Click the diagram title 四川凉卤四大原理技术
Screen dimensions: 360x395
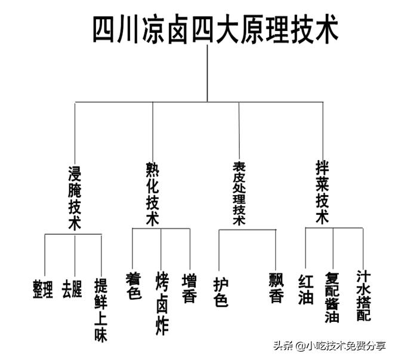[x=215, y=28]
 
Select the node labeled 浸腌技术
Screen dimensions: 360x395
[x=75, y=196]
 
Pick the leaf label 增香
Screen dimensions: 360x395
[x=189, y=288]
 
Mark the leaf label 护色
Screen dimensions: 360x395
[x=220, y=291]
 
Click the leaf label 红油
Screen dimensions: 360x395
[x=305, y=289]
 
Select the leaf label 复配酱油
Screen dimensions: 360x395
[x=332, y=297]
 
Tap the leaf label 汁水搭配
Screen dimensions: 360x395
[x=363, y=295]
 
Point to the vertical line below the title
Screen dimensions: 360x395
[x=207, y=72]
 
